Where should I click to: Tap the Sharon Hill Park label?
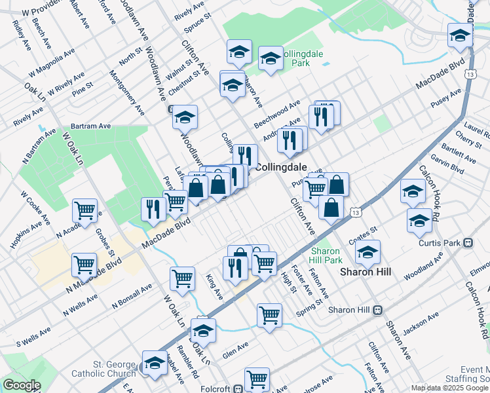(326, 255)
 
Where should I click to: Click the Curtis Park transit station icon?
(468, 242)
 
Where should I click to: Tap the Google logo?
(22, 385)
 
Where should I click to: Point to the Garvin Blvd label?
(447, 164)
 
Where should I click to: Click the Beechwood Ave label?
(277, 113)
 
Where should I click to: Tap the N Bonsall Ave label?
(132, 295)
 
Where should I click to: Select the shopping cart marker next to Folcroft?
(257, 378)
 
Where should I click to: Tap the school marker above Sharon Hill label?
(367, 251)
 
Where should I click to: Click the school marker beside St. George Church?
(155, 362)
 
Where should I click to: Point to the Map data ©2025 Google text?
(449, 388)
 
